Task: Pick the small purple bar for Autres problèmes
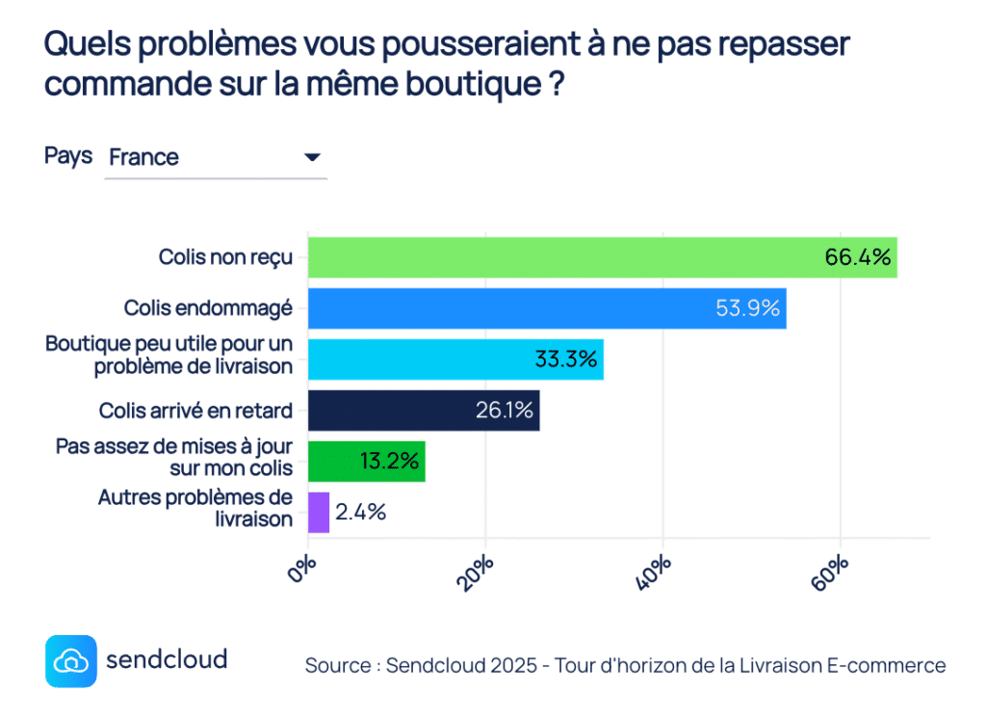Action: click(318, 513)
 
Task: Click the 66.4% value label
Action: click(858, 257)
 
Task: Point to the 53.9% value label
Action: click(748, 308)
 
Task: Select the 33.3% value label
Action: click(565, 359)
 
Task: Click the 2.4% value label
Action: click(361, 513)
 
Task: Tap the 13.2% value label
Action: click(389, 462)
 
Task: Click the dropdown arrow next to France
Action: click(311, 157)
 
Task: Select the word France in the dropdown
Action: click(143, 157)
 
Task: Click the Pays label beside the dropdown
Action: click(68, 155)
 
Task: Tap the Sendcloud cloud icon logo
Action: click(70, 660)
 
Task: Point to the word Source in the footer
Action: click(338, 665)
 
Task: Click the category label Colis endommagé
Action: click(208, 308)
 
